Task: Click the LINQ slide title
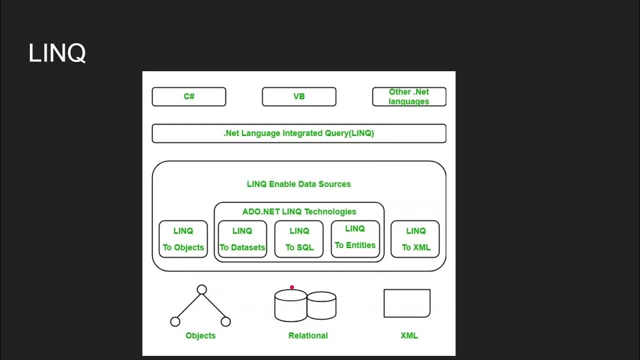coord(57,53)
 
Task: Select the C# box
coord(189,96)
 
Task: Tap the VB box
coord(299,96)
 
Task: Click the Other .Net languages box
coord(409,96)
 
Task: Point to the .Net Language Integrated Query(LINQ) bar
coord(299,133)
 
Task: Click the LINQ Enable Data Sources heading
coord(299,184)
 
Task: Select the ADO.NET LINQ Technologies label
coord(299,211)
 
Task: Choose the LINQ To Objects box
coord(183,239)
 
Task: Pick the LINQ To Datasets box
coord(242,239)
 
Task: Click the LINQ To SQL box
coord(299,239)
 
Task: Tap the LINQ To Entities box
coord(355,238)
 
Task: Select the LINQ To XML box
coord(415,239)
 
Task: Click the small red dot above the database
coord(292,287)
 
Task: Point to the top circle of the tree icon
coord(201,289)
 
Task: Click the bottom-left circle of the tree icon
coord(175,321)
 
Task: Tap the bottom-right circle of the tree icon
coord(225,321)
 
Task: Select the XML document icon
coord(407,303)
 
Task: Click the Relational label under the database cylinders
coord(308,335)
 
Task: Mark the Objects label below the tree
coord(200,335)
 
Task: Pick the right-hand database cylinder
coord(321,305)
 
